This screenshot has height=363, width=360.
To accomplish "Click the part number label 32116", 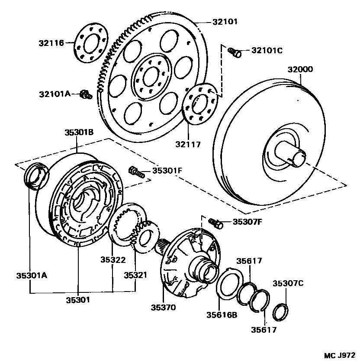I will click(x=51, y=43).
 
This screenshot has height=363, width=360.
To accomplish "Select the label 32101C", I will click(x=267, y=50).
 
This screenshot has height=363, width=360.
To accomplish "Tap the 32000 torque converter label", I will click(x=302, y=69).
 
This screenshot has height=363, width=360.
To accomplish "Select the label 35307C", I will click(x=288, y=283).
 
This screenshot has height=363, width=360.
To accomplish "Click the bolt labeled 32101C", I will click(x=235, y=52).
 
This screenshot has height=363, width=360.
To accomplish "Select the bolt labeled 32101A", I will click(x=86, y=94).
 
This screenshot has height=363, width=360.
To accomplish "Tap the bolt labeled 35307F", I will click(x=216, y=223).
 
